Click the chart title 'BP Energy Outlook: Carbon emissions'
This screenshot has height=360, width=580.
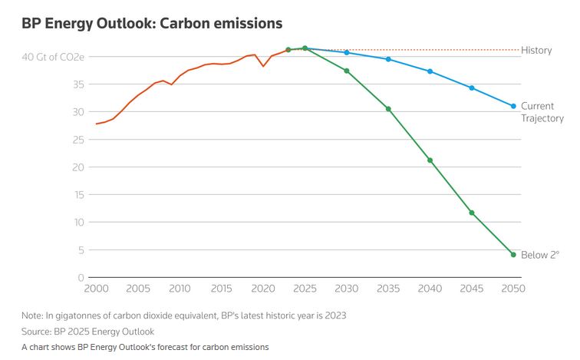(152, 24)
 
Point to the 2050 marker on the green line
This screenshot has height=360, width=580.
(513, 255)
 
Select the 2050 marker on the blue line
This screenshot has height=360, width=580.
(513, 106)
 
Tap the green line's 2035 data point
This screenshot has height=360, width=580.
(388, 109)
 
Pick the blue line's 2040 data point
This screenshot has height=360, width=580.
(430, 71)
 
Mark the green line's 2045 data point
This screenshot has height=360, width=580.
(472, 213)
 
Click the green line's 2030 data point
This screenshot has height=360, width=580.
(347, 71)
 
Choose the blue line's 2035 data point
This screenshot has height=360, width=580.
(388, 59)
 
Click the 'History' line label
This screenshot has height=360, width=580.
(536, 51)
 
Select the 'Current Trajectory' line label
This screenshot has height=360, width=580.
(542, 112)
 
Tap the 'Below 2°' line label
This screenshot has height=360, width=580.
(540, 255)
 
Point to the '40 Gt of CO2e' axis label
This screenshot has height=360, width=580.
(52, 57)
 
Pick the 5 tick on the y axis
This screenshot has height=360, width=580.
(80, 250)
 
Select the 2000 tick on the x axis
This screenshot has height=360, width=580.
(97, 289)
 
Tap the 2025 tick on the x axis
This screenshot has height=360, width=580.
(305, 289)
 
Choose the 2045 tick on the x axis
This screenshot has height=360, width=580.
(472, 289)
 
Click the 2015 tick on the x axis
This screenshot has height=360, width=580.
(222, 289)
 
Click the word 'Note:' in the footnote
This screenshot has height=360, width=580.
(33, 315)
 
